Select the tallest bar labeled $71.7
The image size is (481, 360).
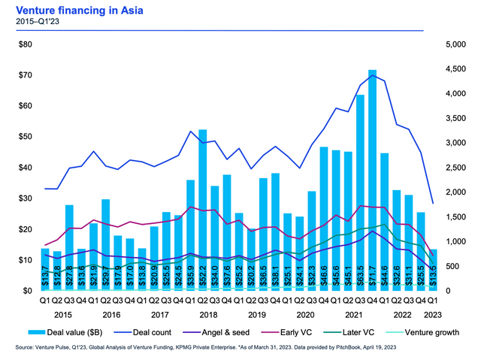point(372,180)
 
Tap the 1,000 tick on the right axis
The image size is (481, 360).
point(455,242)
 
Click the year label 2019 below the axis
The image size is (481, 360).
point(257,315)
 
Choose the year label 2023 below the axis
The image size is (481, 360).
point(432,315)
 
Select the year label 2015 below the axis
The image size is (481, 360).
point(62,315)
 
